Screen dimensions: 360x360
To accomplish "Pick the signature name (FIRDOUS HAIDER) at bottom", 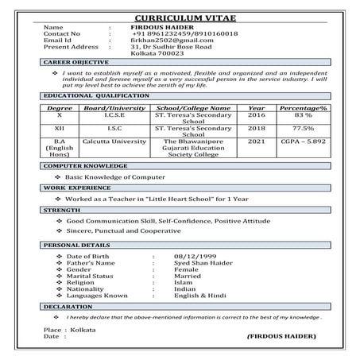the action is click(281, 338).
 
